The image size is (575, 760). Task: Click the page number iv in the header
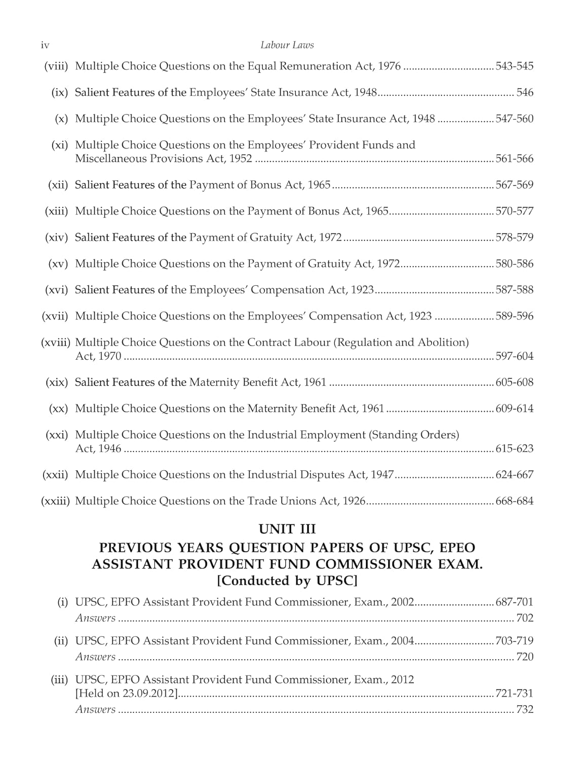coord(45,45)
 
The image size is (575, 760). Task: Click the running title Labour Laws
coord(287,45)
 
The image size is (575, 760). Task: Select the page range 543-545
coord(514,66)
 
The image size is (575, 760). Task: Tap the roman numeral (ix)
coord(59,93)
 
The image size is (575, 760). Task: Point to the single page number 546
coord(524,93)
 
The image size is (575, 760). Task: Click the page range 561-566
coord(514,159)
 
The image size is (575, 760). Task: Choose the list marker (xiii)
coord(56,211)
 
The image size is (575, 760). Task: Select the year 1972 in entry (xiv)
coord(331,238)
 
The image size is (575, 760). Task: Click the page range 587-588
coord(514,290)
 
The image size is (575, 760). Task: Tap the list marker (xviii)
coord(55,343)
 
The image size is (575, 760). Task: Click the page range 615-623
coord(514,449)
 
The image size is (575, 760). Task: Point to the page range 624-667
coord(514,475)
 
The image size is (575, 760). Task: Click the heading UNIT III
coord(287,529)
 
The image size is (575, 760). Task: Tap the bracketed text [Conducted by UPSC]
coord(287,581)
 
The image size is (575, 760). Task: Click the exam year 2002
coord(403,602)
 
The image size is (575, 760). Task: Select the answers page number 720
coord(524,657)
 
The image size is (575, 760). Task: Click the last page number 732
coord(524,710)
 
